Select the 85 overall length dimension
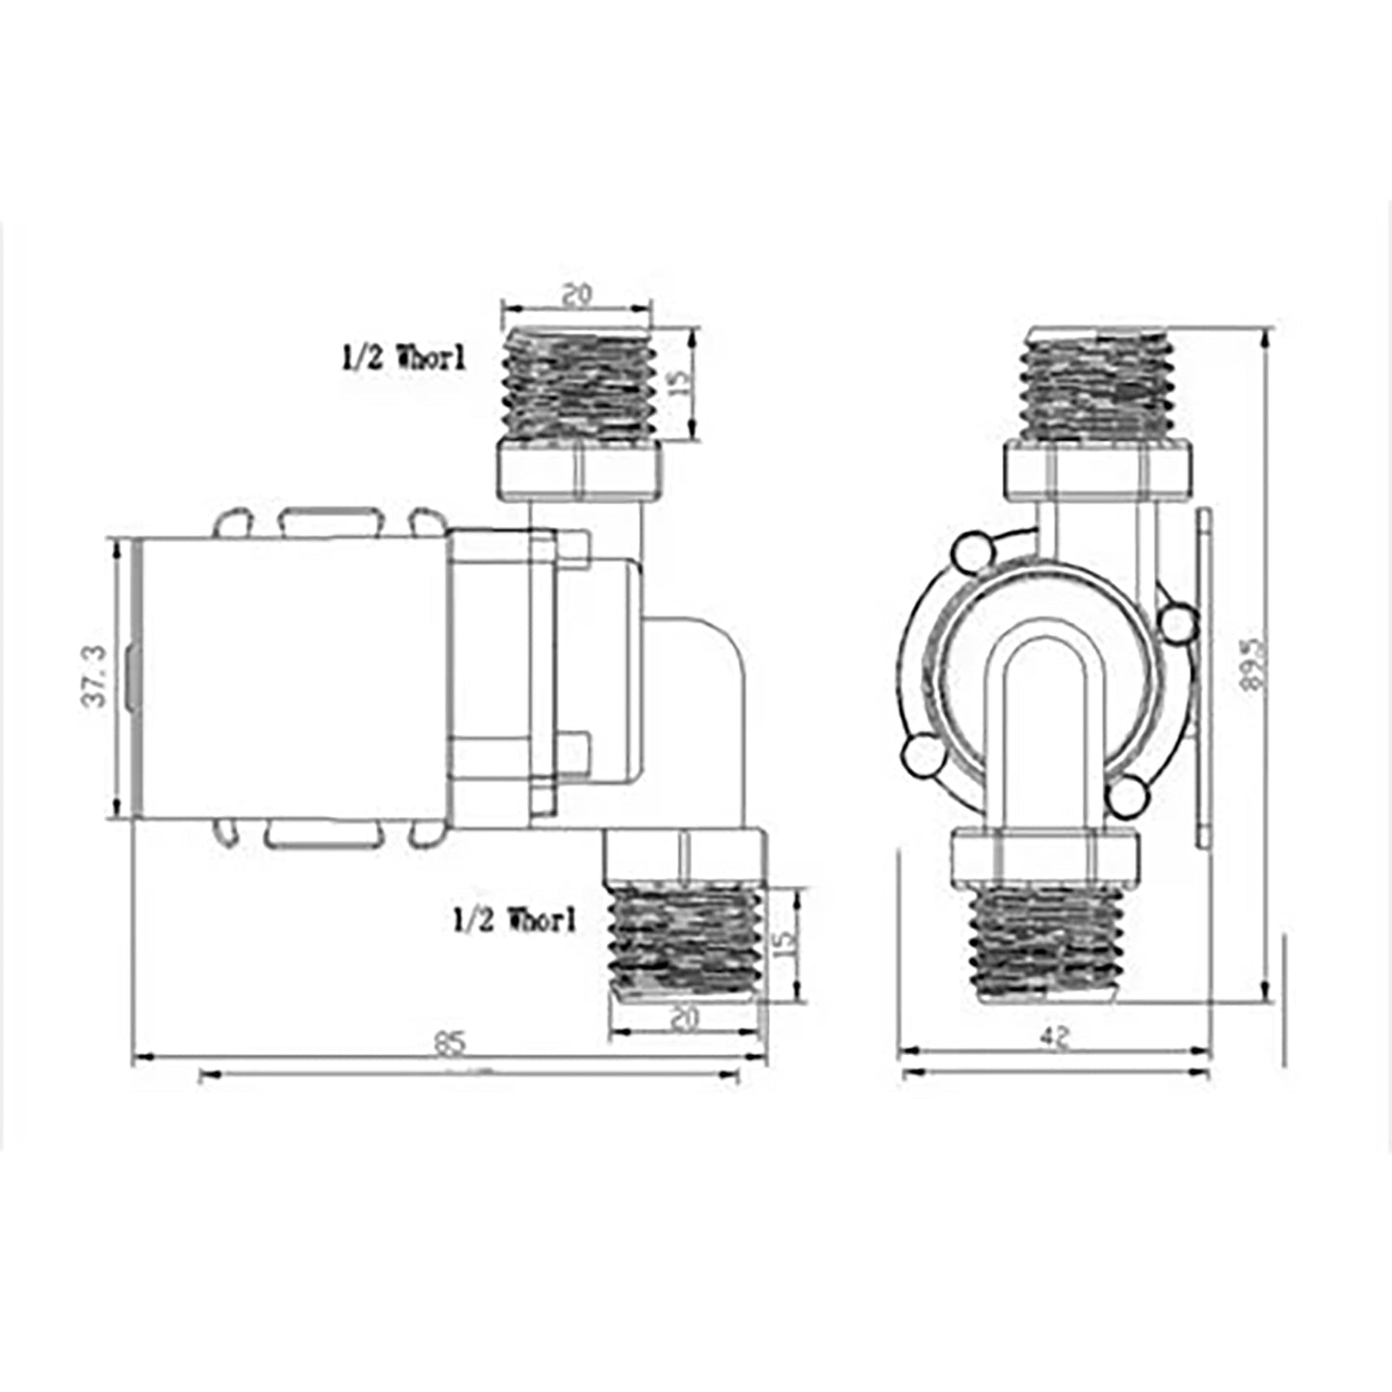(450, 1042)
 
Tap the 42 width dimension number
(1056, 1037)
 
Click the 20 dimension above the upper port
(576, 296)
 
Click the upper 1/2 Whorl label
(404, 358)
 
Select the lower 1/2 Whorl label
(514, 920)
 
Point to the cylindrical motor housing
(289, 677)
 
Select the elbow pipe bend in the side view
(703, 674)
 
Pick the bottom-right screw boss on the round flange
(1126, 797)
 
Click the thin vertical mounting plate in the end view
(1202, 677)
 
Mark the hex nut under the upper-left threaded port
(579, 470)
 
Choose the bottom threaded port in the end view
(1044, 944)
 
